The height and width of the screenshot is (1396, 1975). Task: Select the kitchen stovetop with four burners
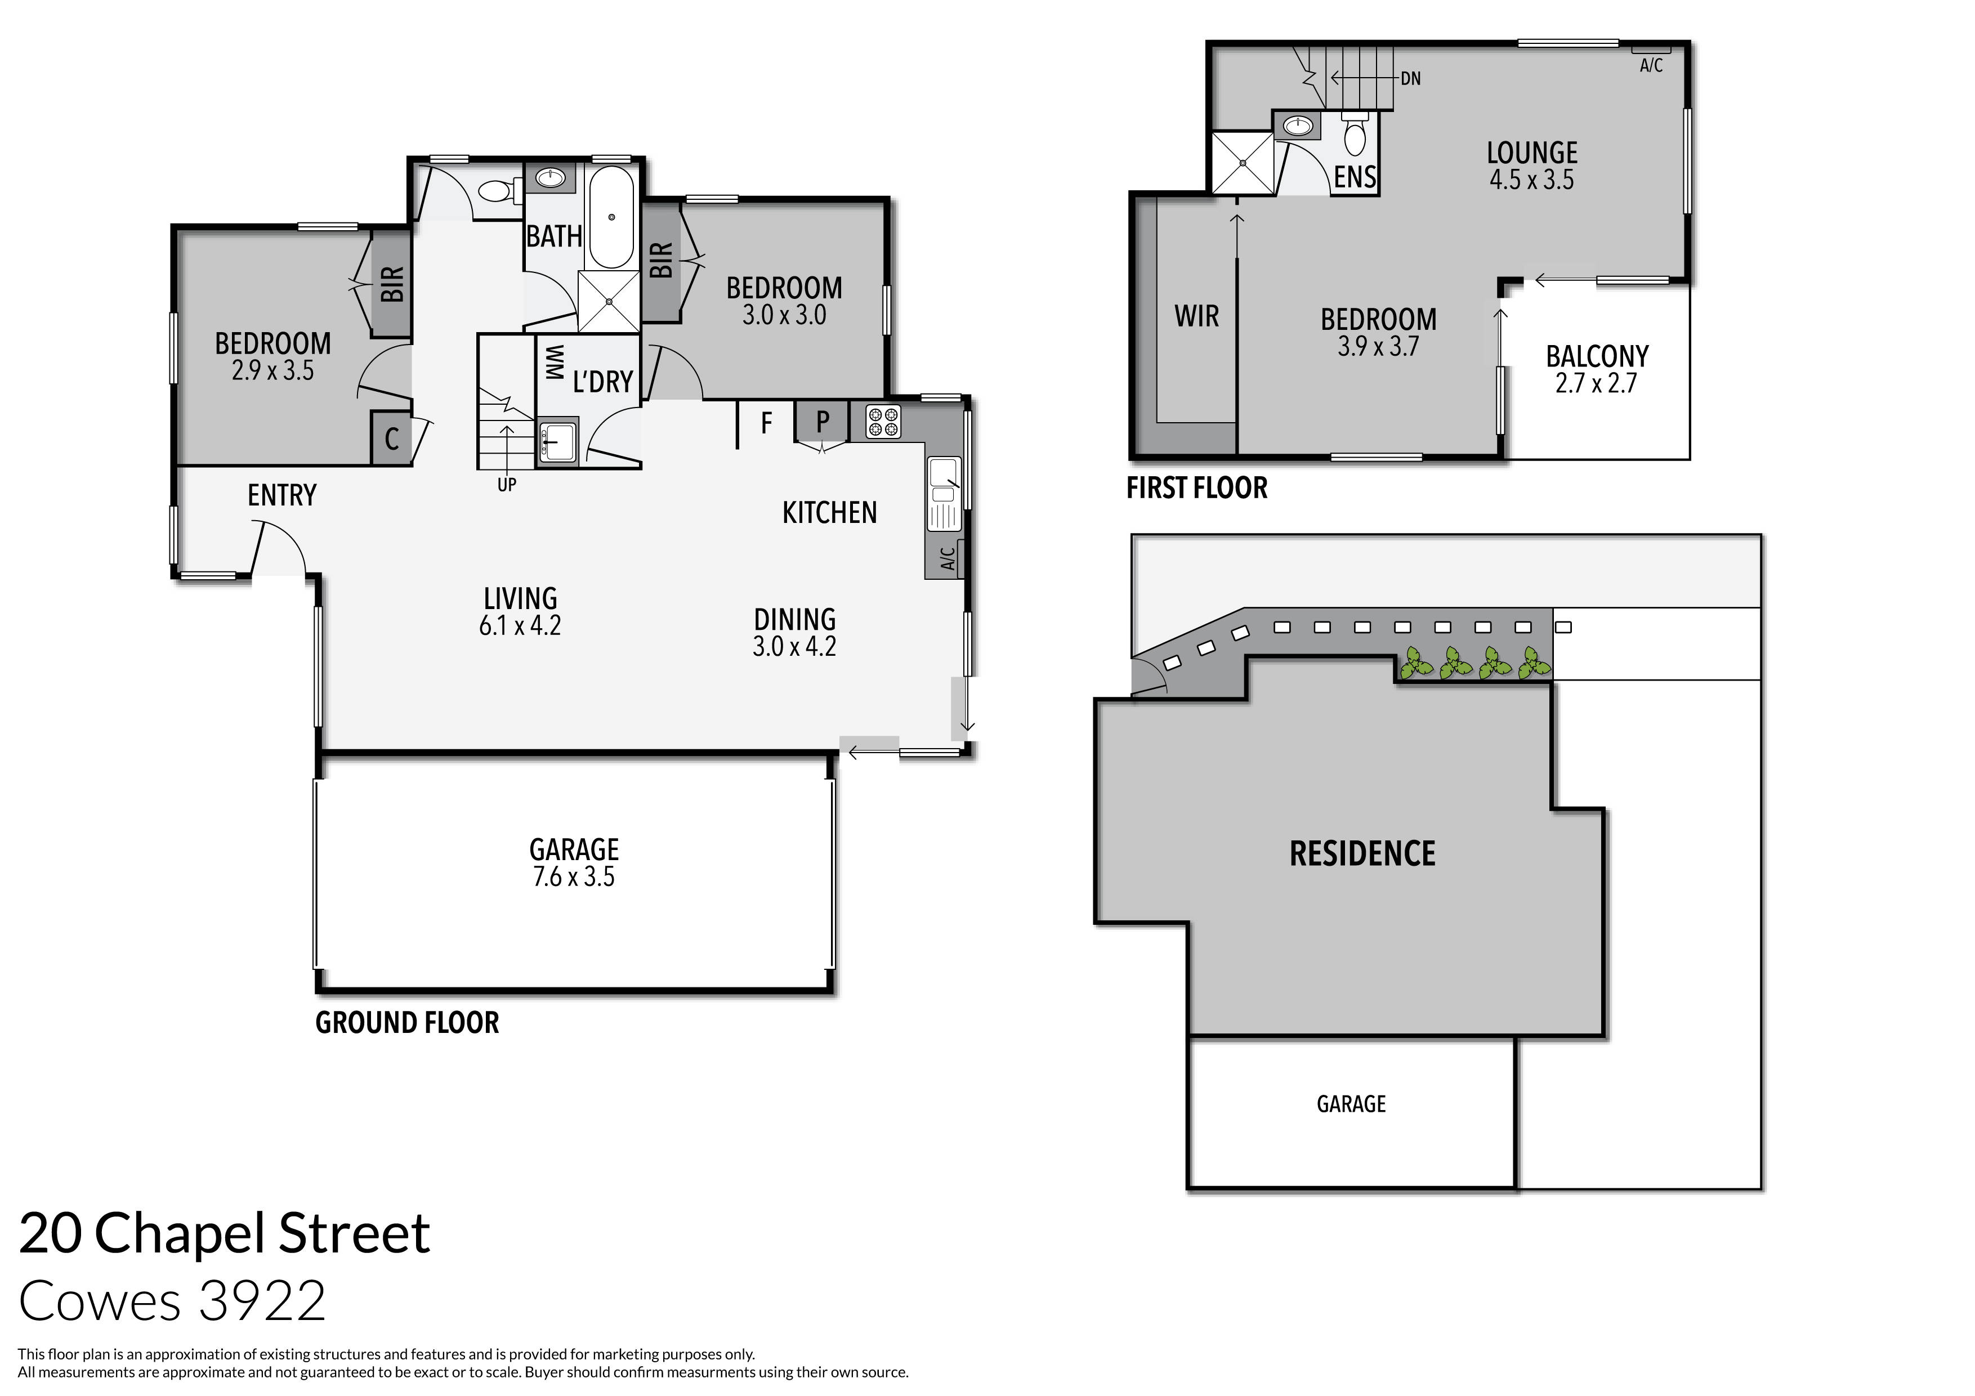(883, 422)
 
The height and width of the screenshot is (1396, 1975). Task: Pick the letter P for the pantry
(823, 422)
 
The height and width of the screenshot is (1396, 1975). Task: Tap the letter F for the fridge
(766, 422)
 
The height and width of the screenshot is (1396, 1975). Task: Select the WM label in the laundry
(555, 362)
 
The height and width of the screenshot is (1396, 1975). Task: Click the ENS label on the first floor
(1355, 177)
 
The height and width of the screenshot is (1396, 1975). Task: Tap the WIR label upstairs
(1196, 316)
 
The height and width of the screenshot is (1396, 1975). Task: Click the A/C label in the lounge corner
(1651, 65)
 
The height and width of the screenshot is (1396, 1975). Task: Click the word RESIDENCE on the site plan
(1362, 854)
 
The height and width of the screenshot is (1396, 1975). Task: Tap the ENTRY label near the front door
(282, 495)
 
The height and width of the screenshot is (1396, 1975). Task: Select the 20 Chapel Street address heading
(225, 1233)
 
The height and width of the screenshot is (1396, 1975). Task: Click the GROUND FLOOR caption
(407, 1023)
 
